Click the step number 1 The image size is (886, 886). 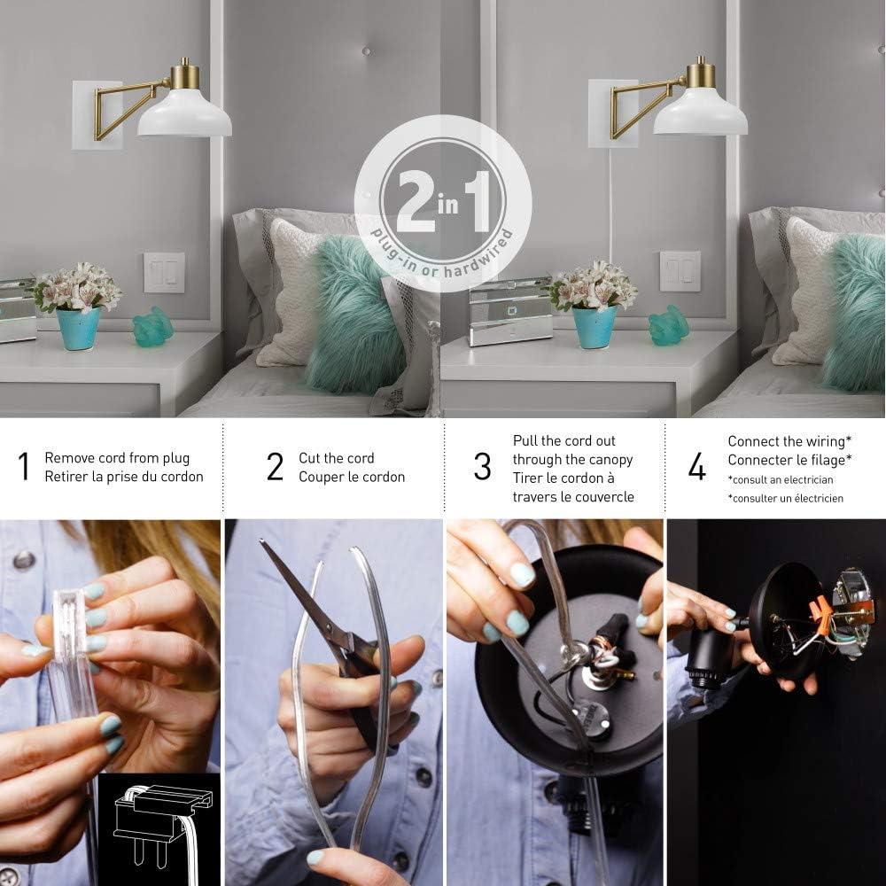(24, 467)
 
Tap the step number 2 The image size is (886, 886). (276, 467)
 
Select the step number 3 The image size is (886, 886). (483, 467)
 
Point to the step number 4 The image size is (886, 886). (696, 467)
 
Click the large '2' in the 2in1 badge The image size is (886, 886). (417, 201)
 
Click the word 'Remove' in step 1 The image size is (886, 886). (66, 458)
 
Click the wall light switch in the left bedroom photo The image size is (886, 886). (165, 273)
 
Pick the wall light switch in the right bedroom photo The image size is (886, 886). (680, 272)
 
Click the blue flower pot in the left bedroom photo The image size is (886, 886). (78, 329)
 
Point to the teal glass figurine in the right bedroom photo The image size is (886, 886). (668, 325)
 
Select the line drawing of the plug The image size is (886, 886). (161, 826)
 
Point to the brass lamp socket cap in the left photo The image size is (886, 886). (185, 75)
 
